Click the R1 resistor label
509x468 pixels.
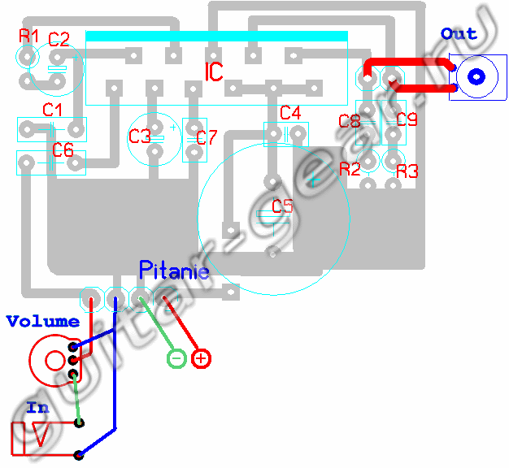click(28, 36)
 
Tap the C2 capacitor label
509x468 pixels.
click(59, 38)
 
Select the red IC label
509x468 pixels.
click(214, 72)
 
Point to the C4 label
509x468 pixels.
click(289, 112)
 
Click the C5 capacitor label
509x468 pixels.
click(282, 206)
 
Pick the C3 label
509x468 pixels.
click(140, 136)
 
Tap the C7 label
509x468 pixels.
click(207, 137)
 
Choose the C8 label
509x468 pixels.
click(350, 122)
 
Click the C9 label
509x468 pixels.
click(407, 119)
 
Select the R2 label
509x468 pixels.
click(350, 169)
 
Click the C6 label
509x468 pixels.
click(63, 150)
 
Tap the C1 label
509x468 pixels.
click(53, 109)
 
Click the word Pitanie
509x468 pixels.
click(174, 270)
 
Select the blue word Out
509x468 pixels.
click(459, 33)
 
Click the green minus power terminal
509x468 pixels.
click(176, 357)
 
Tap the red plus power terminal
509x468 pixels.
click(201, 357)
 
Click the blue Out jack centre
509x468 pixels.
click(476, 77)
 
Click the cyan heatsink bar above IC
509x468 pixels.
click(216, 37)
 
